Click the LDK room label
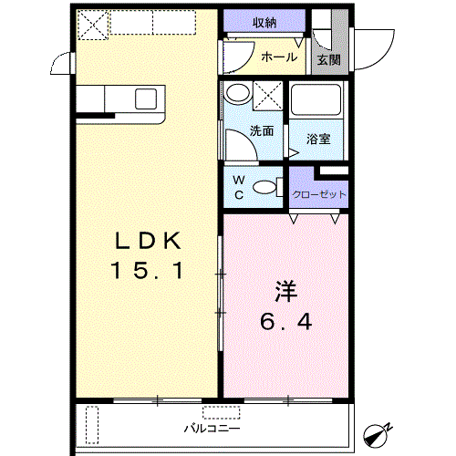(x=148, y=241)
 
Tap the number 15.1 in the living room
(x=148, y=270)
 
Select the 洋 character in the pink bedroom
(x=286, y=292)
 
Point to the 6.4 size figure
(x=286, y=322)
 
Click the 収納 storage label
(x=264, y=22)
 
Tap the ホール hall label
(x=279, y=57)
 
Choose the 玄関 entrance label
(x=328, y=60)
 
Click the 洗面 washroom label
(x=262, y=130)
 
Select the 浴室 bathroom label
(x=318, y=139)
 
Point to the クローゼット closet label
(x=319, y=194)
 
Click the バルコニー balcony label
(x=212, y=429)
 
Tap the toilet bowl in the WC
(x=268, y=187)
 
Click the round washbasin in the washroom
(x=237, y=92)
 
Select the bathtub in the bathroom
(x=316, y=99)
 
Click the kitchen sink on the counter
(x=146, y=98)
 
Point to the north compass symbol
(x=377, y=434)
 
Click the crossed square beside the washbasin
(x=268, y=96)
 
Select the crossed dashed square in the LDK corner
(x=93, y=25)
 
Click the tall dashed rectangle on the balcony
(x=92, y=425)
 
